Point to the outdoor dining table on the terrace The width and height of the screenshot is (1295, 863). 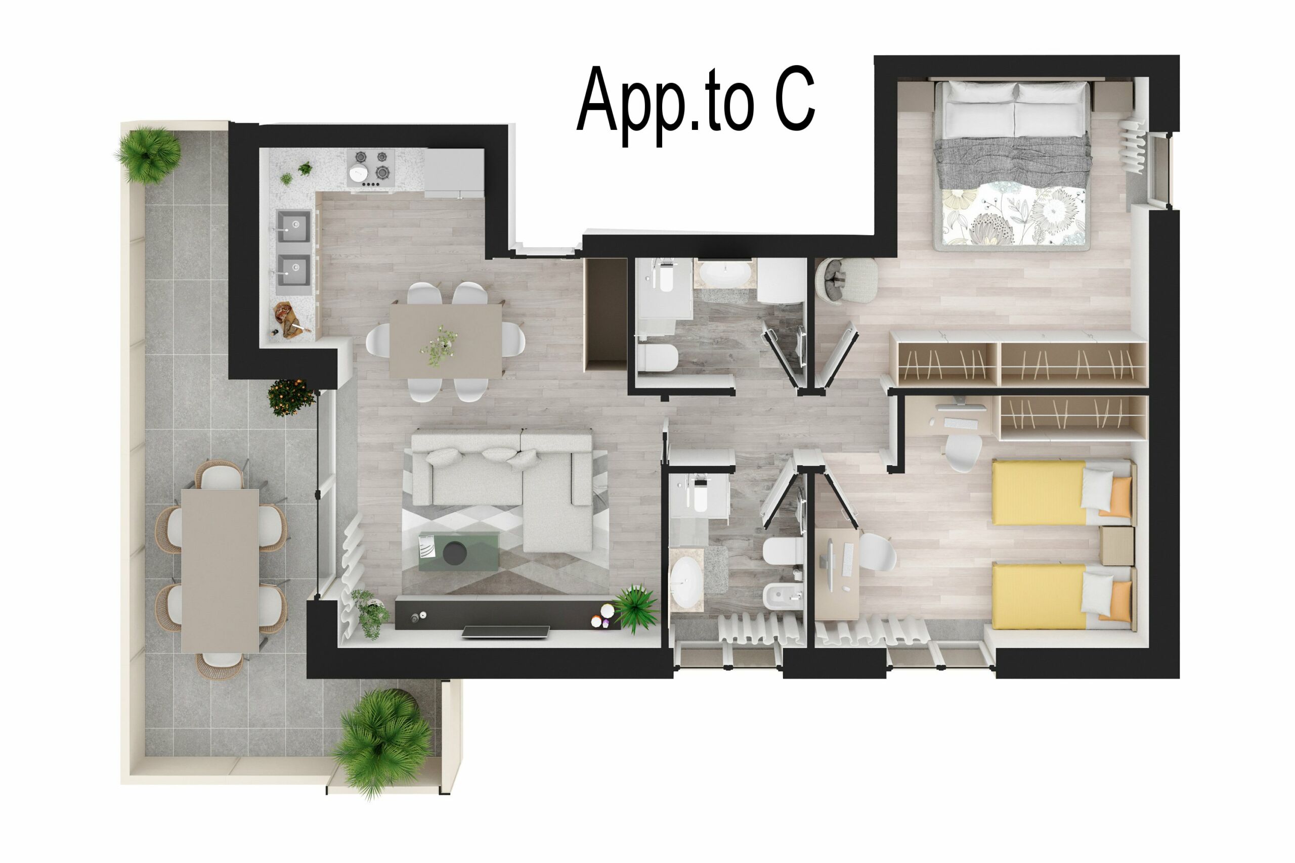pos(220,570)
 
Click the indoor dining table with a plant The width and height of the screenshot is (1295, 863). pos(446,341)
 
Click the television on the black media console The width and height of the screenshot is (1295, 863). pos(505,632)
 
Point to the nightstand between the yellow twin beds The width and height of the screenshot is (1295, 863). pos(1116,546)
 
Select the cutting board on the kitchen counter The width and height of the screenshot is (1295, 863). pos(288,321)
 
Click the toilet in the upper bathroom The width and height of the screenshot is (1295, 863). pos(659,358)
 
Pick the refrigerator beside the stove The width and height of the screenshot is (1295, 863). pos(454,173)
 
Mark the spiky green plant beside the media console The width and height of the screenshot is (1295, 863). pos(636,609)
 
